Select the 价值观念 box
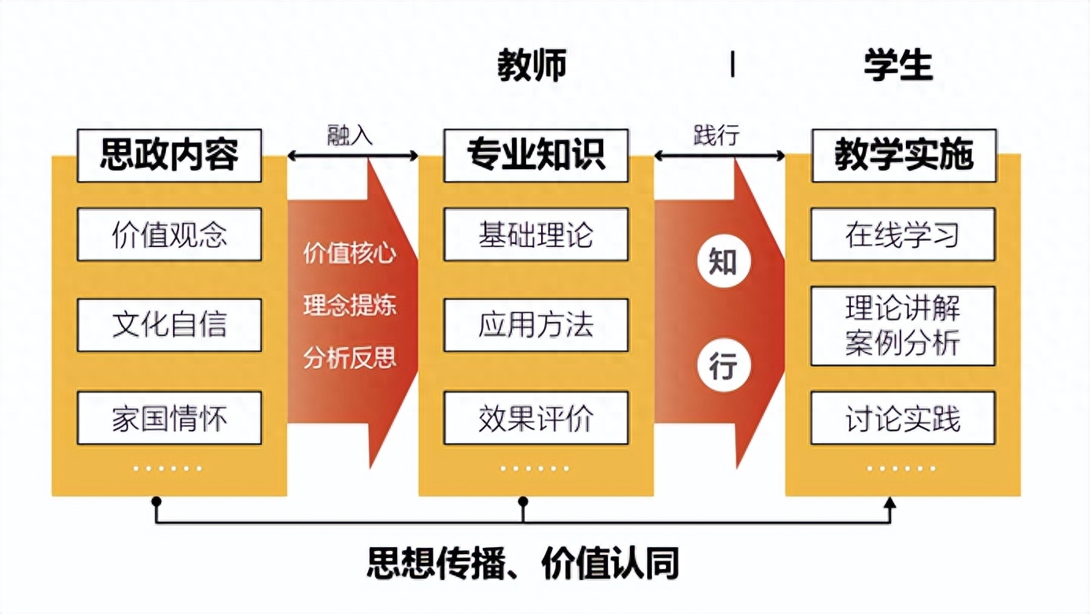pyautogui.click(x=169, y=235)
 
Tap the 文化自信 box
pyautogui.click(x=169, y=325)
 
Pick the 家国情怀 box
pyautogui.click(x=169, y=417)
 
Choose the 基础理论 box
pyautogui.click(x=536, y=235)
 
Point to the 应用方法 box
pyautogui.click(x=536, y=325)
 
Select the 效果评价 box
pyautogui.click(x=536, y=417)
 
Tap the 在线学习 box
pyautogui.click(x=903, y=235)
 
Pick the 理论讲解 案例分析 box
pyautogui.click(x=903, y=326)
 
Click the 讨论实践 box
pyautogui.click(x=903, y=417)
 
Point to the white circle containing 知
pyautogui.click(x=723, y=262)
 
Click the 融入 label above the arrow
pyautogui.click(x=350, y=135)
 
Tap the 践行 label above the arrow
pyautogui.click(x=716, y=135)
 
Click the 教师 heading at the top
pyautogui.click(x=532, y=66)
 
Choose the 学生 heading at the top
pyautogui.click(x=898, y=66)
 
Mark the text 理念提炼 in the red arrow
pyautogui.click(x=350, y=305)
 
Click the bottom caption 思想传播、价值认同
pyautogui.click(x=523, y=564)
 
